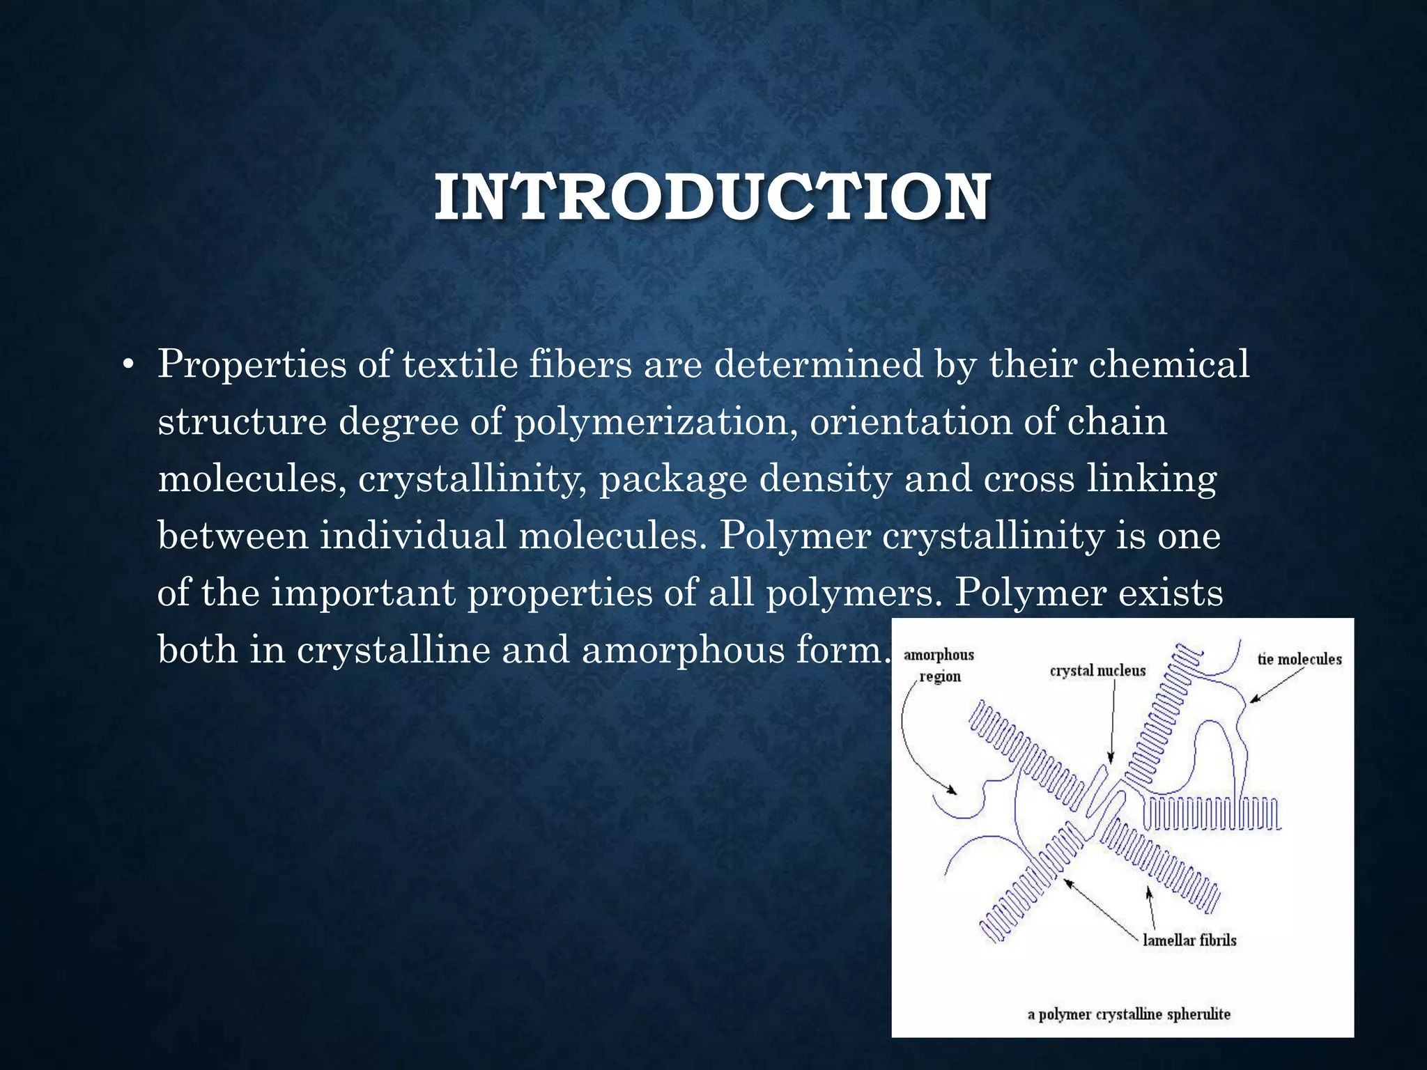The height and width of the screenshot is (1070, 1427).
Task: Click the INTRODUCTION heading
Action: point(712,198)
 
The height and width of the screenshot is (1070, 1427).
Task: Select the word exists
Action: point(1171,593)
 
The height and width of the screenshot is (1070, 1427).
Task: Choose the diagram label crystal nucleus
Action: point(1097,671)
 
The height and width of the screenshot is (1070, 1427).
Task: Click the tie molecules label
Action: point(1299,659)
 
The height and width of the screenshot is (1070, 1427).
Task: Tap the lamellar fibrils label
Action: point(1189,940)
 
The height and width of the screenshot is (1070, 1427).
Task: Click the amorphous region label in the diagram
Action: point(939,665)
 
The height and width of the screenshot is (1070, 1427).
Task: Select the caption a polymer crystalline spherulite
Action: point(1129,1014)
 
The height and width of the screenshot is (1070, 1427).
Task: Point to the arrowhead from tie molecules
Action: point(1252,700)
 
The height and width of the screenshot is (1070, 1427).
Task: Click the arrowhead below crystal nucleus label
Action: point(1111,759)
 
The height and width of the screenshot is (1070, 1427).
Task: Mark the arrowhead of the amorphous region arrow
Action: point(952,791)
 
